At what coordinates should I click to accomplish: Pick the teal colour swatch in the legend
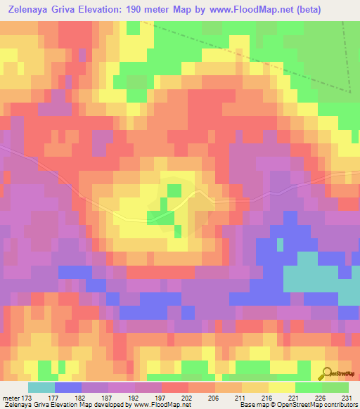(x=41, y=387)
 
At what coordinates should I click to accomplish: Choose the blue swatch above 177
(x=68, y=387)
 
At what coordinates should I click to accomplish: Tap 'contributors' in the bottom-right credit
(x=337, y=405)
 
